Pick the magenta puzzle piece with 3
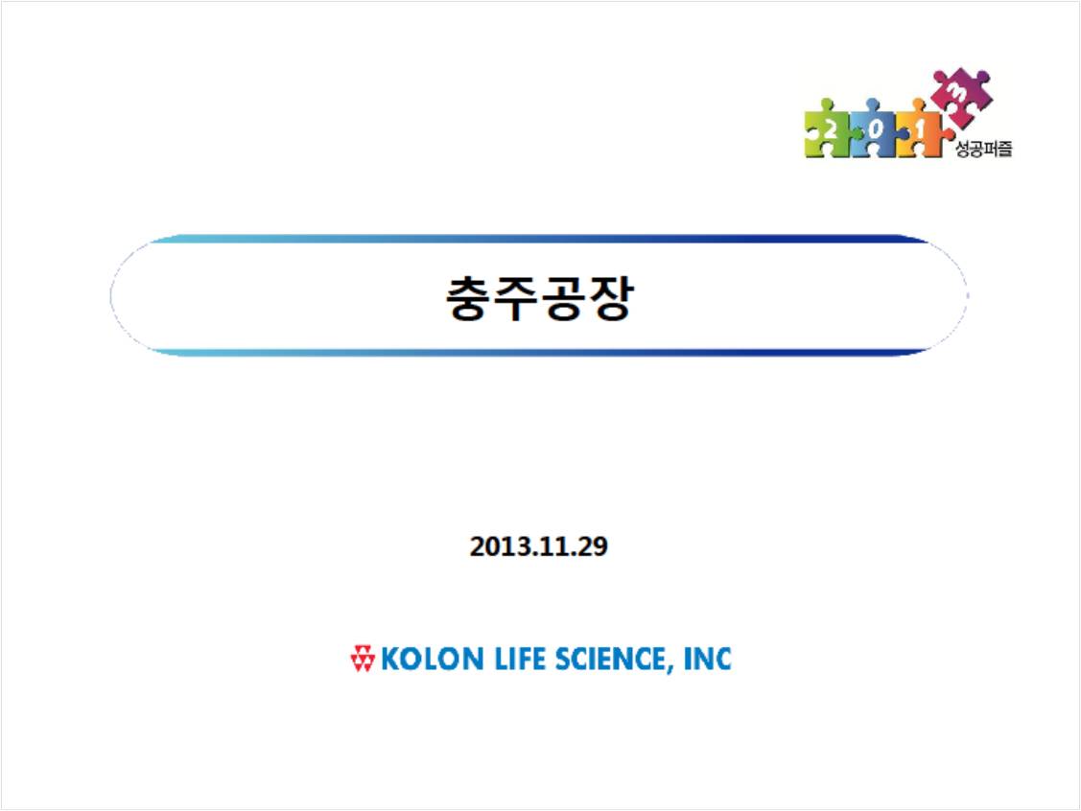pos(962,94)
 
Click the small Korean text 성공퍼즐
pos(984,149)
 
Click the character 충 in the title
pos(469,298)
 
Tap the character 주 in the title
pos(516,298)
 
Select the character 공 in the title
pos(562,298)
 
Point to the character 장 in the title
pos(609,298)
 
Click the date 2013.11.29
pos(538,546)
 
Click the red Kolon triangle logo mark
pos(363,658)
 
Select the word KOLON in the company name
pos(433,659)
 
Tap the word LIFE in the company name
pos(521,659)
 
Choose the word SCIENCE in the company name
pos(610,659)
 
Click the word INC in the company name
pos(707,659)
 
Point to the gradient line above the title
pos(539,239)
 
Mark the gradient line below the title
pos(539,352)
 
